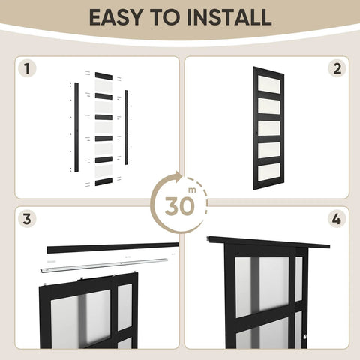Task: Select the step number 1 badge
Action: click(28, 70)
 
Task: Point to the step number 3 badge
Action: click(28, 220)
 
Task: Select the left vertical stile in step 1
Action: click(76, 127)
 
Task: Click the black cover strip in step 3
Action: click(112, 247)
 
